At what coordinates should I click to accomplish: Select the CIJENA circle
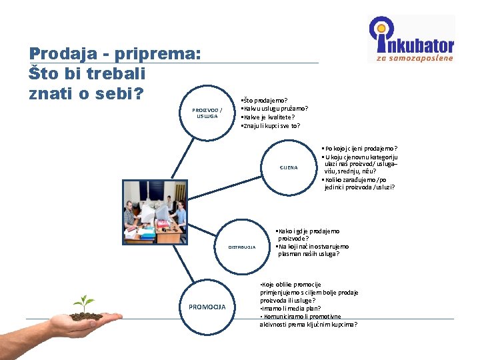(289, 167)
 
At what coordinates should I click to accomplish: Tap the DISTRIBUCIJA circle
(242, 247)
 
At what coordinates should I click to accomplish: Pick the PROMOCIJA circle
(207, 307)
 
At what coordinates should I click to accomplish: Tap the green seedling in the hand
(84, 303)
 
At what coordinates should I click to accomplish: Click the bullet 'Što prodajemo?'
(264, 101)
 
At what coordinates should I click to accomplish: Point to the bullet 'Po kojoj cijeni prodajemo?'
(359, 148)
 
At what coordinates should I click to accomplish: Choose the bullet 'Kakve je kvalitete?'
(267, 117)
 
